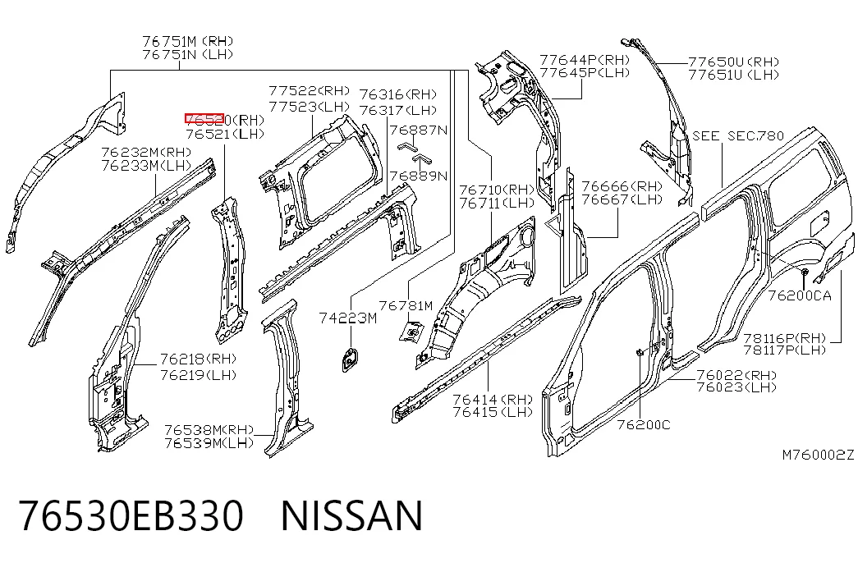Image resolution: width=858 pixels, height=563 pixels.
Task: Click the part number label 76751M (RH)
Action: [188, 41]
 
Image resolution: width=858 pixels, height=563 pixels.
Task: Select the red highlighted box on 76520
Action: [204, 119]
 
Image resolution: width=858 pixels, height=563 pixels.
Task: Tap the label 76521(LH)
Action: [225, 134]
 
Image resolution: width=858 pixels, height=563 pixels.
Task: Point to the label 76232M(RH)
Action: [146, 152]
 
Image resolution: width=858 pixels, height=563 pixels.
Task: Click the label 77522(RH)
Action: [310, 90]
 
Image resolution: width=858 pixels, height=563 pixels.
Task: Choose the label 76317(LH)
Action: [398, 110]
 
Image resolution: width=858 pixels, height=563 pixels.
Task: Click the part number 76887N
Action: [419, 130]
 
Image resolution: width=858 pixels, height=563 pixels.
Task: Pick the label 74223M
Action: [348, 318]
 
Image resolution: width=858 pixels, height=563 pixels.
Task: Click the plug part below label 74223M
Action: [351, 359]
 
